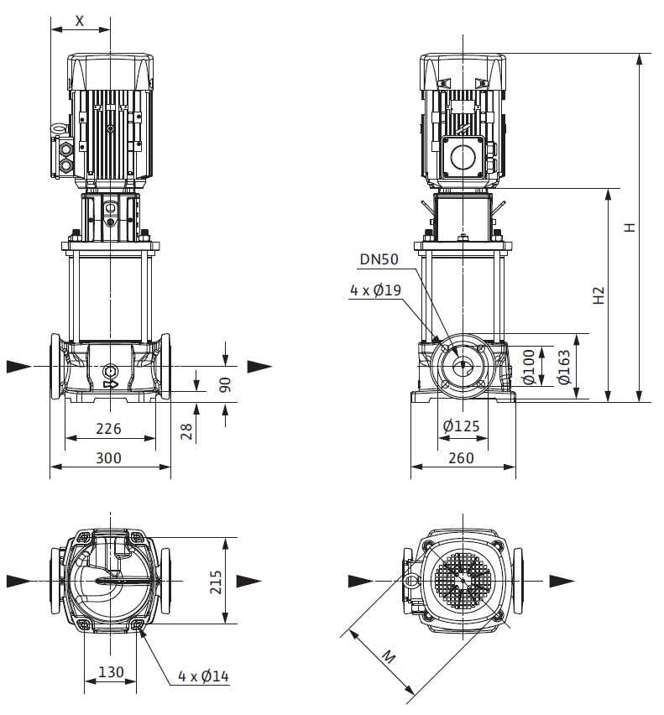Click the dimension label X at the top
tap(80, 20)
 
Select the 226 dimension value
tap(108, 428)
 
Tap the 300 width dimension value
tap(108, 457)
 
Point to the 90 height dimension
tap(225, 384)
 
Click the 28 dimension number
tap(187, 431)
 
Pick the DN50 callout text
tap(379, 259)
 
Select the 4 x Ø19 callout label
tap(375, 290)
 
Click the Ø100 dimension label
tap(528, 367)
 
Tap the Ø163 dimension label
tap(564, 367)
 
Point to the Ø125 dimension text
tap(461, 426)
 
